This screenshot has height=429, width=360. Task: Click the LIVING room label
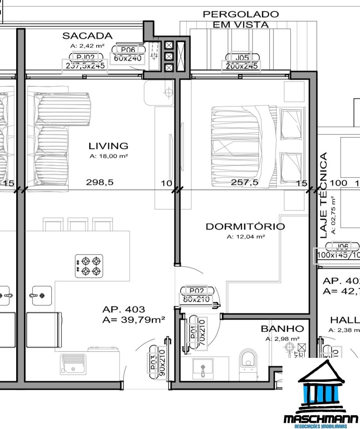[108, 146]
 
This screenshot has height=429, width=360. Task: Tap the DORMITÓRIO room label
[245, 226]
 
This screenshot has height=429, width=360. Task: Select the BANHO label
[282, 329]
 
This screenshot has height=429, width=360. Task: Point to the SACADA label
[87, 36]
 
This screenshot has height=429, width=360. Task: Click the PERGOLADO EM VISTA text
[240, 19]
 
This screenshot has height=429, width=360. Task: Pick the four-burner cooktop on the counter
[89, 266]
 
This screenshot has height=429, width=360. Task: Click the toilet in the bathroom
[248, 360]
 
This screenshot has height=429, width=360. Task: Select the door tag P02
[196, 290]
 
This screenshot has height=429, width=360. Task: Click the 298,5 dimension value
[100, 182]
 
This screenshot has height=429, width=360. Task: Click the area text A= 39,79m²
[134, 319]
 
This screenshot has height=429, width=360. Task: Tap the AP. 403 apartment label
[123, 310]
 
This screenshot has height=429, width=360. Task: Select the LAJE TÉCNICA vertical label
[324, 195]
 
